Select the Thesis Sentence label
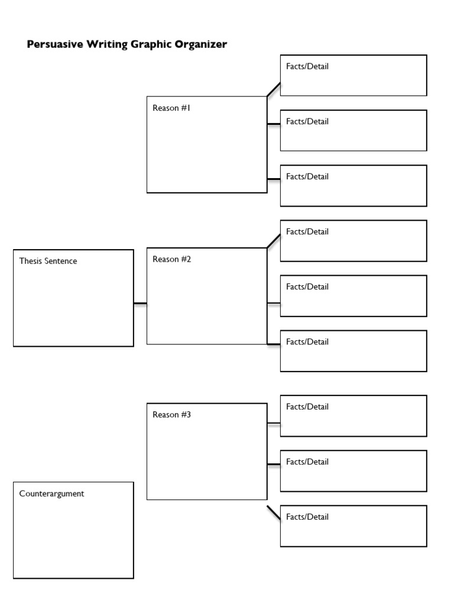(x=48, y=261)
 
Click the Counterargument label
(x=51, y=494)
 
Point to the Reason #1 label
(x=171, y=108)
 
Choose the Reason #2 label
(x=171, y=259)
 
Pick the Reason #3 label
(x=171, y=415)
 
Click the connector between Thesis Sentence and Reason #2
(x=140, y=304)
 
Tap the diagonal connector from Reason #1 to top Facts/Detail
(x=274, y=89)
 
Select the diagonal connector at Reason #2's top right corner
(x=274, y=240)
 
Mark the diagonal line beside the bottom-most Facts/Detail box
(x=274, y=513)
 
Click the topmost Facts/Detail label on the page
(x=307, y=66)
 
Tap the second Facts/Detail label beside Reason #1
(x=307, y=121)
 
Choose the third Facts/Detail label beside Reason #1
(x=307, y=176)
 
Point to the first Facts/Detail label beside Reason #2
(x=307, y=231)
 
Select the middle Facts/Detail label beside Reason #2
(x=307, y=286)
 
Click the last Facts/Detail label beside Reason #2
(x=307, y=341)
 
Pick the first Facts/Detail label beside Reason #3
(x=307, y=407)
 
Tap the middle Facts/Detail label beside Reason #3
(x=307, y=462)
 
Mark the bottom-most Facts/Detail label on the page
(x=307, y=517)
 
